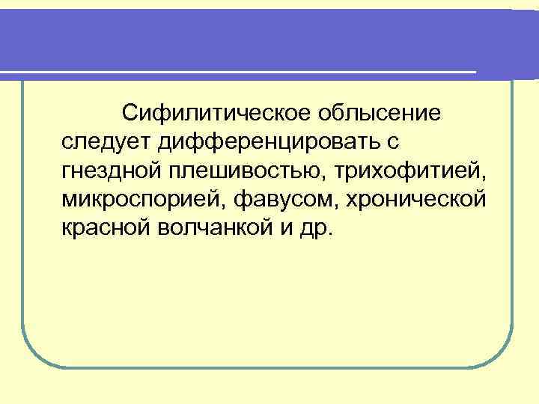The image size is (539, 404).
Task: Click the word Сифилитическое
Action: click(216, 114)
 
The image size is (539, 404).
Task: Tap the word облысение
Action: click(380, 114)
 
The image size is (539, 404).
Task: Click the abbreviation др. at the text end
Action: click(314, 227)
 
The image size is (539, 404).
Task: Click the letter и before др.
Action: click(286, 227)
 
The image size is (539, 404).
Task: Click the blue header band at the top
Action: click(269, 37)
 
